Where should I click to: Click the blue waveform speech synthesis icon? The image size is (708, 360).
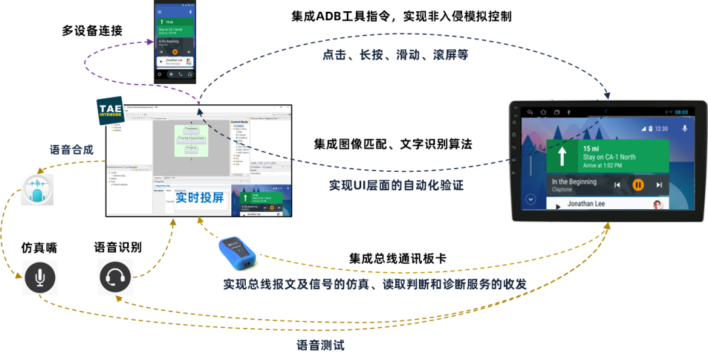coord(37,190)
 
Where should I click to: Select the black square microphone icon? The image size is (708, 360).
coord(40,277)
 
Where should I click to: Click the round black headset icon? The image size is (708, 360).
coord(116,277)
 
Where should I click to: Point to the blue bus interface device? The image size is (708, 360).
coord(239,253)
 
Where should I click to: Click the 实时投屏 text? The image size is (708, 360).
coord(200,197)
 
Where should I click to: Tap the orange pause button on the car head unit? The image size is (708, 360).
coord(638,185)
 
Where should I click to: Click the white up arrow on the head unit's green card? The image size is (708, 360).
coord(562,156)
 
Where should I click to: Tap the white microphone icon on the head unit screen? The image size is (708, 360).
coord(685,129)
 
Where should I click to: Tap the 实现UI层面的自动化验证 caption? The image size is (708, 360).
coord(396,186)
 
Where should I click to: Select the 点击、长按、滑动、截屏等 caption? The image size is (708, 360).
coord(395,56)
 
